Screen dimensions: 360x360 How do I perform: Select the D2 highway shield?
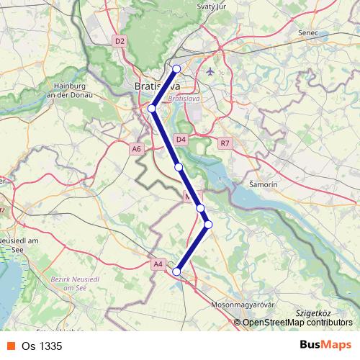pyautogui.click(x=120, y=42)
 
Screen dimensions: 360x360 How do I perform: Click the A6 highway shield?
pyautogui.click(x=137, y=148)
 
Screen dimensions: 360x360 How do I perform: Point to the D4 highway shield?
pyautogui.click(x=181, y=139)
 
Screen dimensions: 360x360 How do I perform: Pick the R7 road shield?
pyautogui.click(x=226, y=143)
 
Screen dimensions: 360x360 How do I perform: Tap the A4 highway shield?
pyautogui.click(x=158, y=264)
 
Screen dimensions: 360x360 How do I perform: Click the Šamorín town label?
pyautogui.click(x=263, y=184)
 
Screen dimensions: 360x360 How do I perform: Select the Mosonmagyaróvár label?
pyautogui.click(x=243, y=305)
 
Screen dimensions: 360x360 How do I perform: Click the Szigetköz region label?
pyautogui.click(x=312, y=314)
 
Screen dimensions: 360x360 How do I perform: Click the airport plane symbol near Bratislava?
pyautogui.click(x=210, y=71)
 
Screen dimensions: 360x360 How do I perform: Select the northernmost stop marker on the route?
pyautogui.click(x=177, y=69)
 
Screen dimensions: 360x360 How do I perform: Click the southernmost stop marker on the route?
pyautogui.click(x=176, y=271)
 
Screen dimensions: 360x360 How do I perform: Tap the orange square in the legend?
pyautogui.click(x=10, y=346)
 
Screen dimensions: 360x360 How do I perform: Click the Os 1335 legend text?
pyautogui.click(x=47, y=346)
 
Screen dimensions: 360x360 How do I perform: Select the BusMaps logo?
pyautogui.click(x=325, y=345)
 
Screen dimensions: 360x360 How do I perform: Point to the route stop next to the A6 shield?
pyautogui.click(x=152, y=109)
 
